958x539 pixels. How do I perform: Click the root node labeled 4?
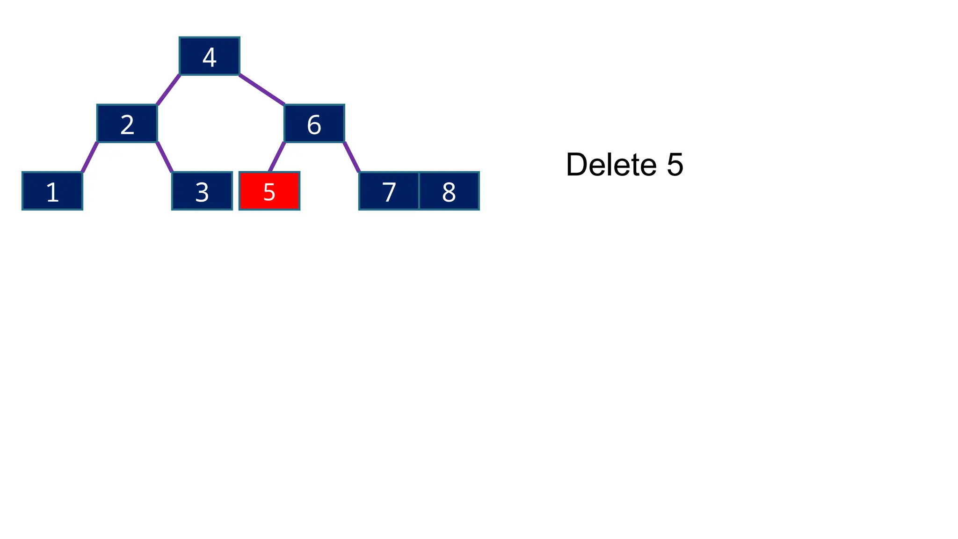(209, 56)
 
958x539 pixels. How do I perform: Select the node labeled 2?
(127, 123)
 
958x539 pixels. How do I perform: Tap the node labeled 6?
(314, 123)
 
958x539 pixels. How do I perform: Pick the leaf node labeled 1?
(52, 191)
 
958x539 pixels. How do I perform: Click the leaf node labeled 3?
(202, 191)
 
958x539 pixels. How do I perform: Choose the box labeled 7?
(389, 191)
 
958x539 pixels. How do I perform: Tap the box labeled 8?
(449, 191)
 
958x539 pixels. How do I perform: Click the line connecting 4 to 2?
(168, 89)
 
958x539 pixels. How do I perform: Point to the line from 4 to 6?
(261, 89)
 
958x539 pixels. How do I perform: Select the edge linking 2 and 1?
(90, 157)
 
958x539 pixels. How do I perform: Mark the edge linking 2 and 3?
(165, 157)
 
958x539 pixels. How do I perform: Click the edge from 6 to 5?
(277, 157)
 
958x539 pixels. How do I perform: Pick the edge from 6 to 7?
(351, 157)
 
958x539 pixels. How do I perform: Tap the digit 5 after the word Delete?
(675, 165)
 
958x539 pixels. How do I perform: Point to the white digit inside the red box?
(269, 192)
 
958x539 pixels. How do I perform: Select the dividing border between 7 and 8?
(419, 191)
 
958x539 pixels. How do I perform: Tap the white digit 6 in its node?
(314, 125)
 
